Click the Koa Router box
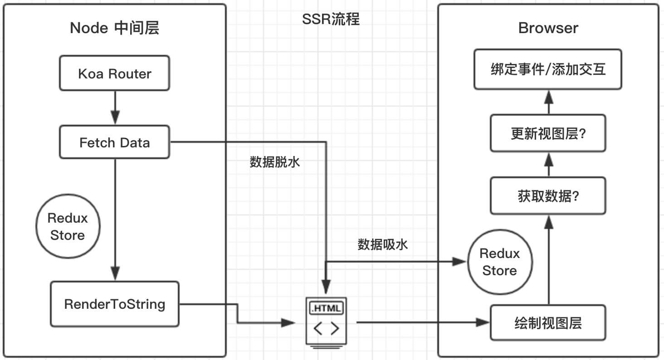[114, 73]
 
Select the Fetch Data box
[114, 142]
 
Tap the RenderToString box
[114, 304]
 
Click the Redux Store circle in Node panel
[68, 226]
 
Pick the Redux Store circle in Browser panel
[499, 262]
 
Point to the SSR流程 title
[331, 19]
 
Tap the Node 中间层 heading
[114, 28]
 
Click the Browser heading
[548, 28]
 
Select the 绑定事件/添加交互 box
[548, 70]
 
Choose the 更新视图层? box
[548, 133]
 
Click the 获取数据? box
[548, 196]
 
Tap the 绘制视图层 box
[548, 323]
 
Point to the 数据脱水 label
[275, 162]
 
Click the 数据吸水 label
[382, 244]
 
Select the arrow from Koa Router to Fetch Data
[115, 108]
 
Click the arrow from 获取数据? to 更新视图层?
[548, 164]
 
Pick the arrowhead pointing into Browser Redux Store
[459, 262]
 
